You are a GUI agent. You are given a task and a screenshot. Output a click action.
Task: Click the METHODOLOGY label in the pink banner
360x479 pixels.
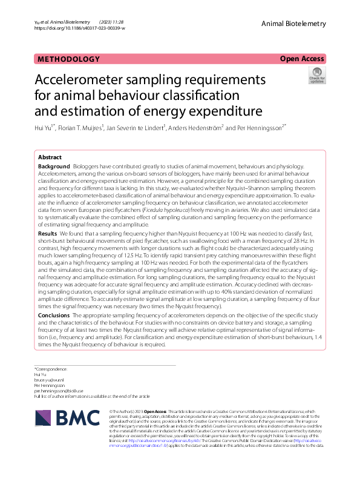point(69,59)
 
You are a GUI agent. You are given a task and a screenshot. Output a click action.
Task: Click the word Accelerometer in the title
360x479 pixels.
point(90,80)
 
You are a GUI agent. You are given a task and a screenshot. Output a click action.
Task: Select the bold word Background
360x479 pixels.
point(54,166)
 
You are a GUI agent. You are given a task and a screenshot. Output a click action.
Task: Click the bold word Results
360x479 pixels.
point(48,233)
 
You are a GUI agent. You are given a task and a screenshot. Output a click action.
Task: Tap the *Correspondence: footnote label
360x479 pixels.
point(51,369)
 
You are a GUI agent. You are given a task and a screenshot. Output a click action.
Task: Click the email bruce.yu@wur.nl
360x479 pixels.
point(52,380)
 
